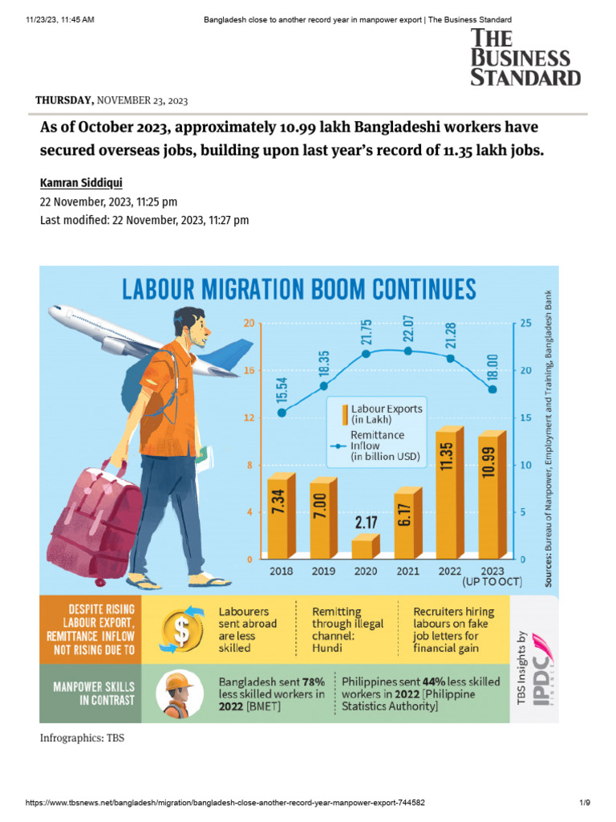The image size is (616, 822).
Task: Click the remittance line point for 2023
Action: [493, 389]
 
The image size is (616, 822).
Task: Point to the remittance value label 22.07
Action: [408, 327]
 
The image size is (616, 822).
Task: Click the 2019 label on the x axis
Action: [324, 571]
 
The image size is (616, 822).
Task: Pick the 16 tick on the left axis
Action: [249, 371]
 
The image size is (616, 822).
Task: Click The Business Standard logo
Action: [525, 56]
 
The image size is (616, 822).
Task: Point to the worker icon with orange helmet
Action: [180, 692]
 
